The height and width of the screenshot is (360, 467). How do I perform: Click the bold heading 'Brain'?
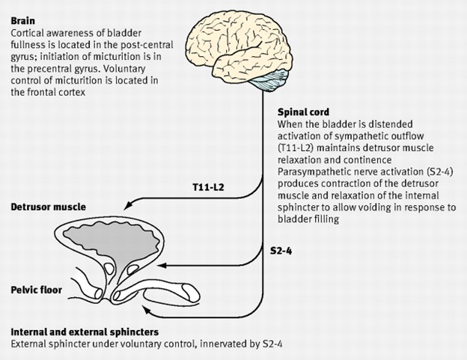click(23, 21)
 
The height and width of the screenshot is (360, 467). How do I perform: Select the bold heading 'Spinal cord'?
click(304, 112)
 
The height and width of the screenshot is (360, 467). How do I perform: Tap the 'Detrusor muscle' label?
click(48, 207)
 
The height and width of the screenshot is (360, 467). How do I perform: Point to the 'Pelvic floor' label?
click(37, 290)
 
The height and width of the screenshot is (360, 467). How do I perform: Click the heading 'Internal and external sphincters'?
click(85, 332)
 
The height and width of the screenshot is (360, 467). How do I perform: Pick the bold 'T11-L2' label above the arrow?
click(208, 187)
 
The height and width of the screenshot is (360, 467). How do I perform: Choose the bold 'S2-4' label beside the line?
click(281, 251)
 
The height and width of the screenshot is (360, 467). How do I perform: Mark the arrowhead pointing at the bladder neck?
click(162, 266)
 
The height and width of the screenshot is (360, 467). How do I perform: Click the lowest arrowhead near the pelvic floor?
click(146, 310)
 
